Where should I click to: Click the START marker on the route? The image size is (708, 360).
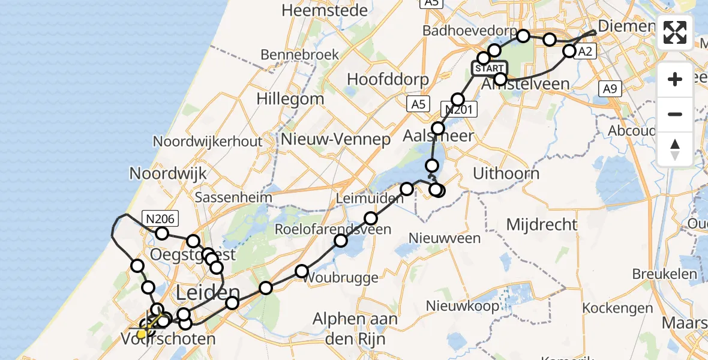pos(490,68)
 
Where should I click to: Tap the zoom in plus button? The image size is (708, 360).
pos(675,79)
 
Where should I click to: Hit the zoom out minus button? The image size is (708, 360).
pos(675,114)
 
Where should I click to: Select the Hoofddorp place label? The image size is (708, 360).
pos(388,80)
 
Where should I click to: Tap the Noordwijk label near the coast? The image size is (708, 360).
pos(168,173)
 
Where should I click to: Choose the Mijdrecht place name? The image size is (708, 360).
pos(542,225)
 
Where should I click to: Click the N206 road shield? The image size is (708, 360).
pos(159,218)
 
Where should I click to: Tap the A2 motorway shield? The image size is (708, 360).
pos(585,52)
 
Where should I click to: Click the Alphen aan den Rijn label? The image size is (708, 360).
pos(355,328)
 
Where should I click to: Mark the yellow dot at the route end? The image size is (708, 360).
pos(142,334)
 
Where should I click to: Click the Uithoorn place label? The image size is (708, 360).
pos(506,174)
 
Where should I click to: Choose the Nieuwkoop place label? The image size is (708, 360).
pos(462,306)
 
